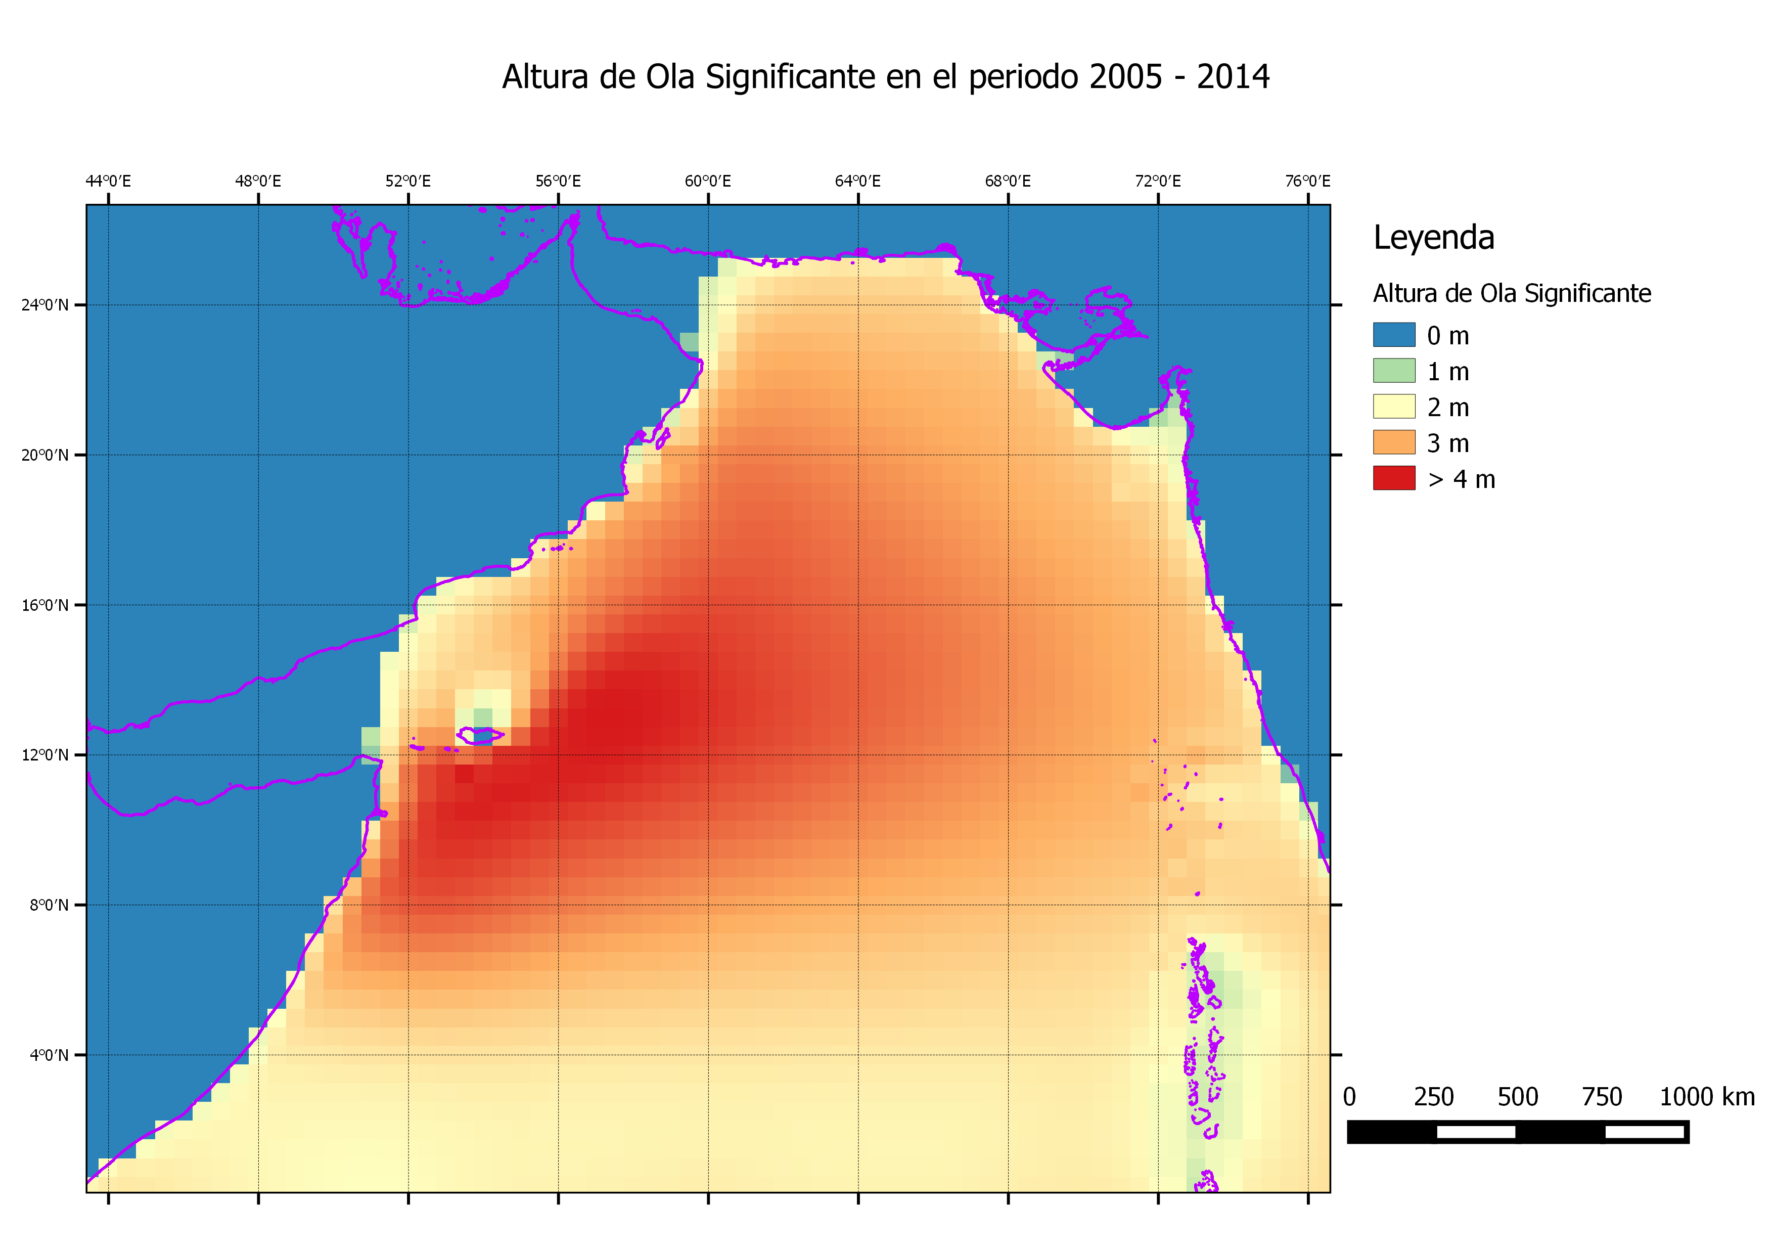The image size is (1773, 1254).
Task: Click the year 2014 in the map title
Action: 1233,77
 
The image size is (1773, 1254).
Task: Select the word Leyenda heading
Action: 1433,237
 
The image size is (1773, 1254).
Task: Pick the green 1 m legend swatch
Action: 1394,371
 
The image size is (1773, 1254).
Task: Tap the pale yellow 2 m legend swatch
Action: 1394,406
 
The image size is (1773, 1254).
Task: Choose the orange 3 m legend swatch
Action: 1394,442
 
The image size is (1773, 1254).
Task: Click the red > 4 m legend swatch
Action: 1394,478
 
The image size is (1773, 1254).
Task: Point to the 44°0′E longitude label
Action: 108,182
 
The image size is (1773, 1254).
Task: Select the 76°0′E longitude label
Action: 1307,182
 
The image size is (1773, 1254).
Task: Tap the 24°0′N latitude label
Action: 45,305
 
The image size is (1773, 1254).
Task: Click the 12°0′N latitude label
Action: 45,754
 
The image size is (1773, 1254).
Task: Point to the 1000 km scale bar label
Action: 1707,1097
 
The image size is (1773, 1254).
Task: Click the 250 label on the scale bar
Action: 1433,1097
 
